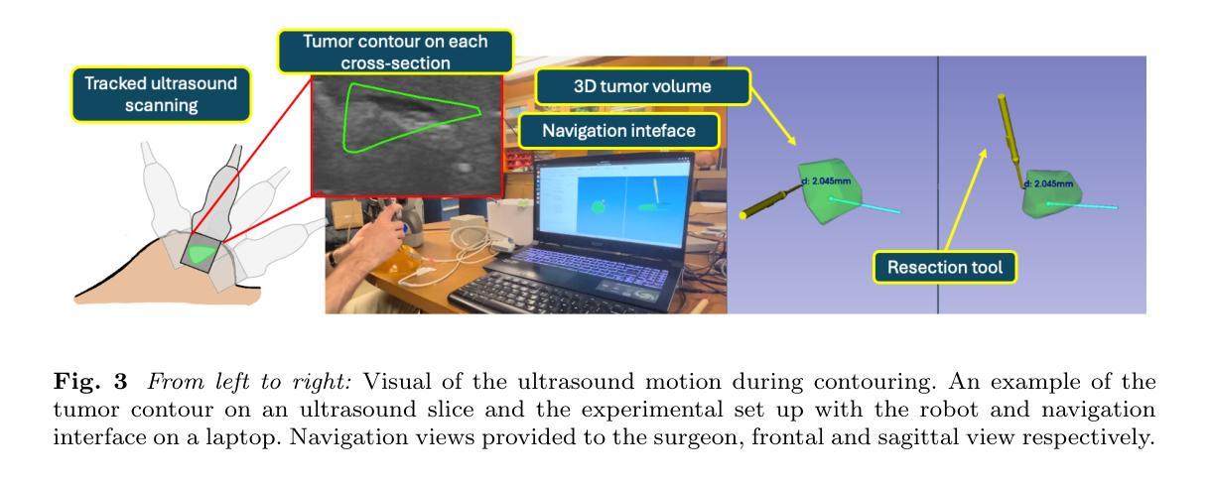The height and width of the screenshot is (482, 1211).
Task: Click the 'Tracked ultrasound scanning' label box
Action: pos(161,94)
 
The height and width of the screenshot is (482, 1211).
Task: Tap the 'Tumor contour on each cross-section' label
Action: pos(395,52)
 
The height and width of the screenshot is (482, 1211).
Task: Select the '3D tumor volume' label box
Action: pos(642,86)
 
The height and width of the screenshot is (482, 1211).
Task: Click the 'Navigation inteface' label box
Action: pos(618,131)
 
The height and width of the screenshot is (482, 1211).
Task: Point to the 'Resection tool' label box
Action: pos(944,268)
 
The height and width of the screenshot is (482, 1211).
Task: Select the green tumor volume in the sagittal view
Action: pos(1050,194)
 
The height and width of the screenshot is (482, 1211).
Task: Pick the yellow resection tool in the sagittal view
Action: pos(1009,140)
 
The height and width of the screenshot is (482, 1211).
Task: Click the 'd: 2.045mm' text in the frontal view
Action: pos(826,181)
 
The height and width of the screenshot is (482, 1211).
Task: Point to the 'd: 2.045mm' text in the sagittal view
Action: pos(1049,183)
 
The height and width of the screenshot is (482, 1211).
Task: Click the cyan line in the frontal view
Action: pos(865,206)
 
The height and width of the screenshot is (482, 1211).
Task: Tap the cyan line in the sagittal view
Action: pos(1082,205)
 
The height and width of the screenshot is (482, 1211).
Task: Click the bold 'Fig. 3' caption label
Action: pos(90,382)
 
